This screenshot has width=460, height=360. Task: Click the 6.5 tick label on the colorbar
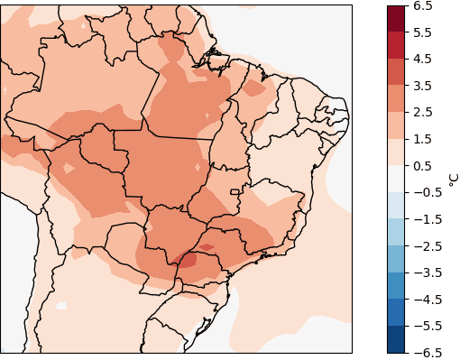pos(422,5)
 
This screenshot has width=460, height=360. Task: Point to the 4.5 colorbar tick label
pos(422,59)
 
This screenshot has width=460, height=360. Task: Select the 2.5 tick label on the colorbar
pos(422,112)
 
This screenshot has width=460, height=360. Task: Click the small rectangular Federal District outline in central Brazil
pos(238,191)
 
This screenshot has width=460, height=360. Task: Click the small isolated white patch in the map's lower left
pos(61,306)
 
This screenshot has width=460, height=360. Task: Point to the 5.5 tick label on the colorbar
pos(422,32)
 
